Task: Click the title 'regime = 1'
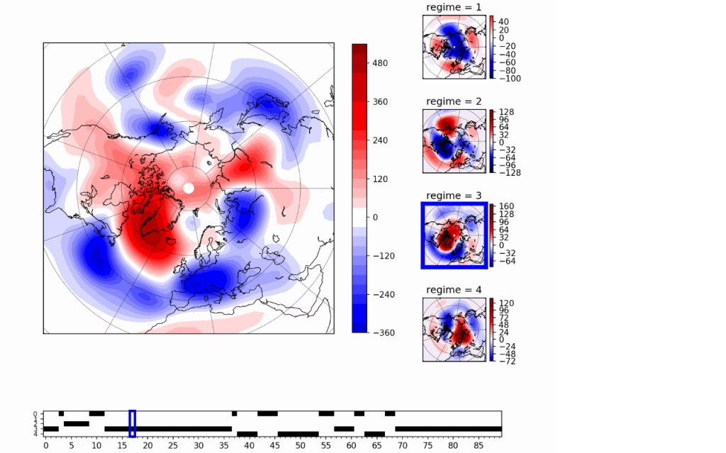tap(454, 7)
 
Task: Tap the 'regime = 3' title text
tap(454, 196)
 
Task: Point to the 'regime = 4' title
tap(454, 290)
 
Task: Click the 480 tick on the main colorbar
tap(380, 63)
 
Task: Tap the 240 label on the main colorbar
tap(380, 140)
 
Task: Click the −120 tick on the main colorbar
tap(382, 255)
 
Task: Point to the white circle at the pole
tap(189, 188)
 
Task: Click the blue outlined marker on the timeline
tap(132, 423)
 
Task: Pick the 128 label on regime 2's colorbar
tap(507, 112)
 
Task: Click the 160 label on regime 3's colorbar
tap(507, 206)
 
